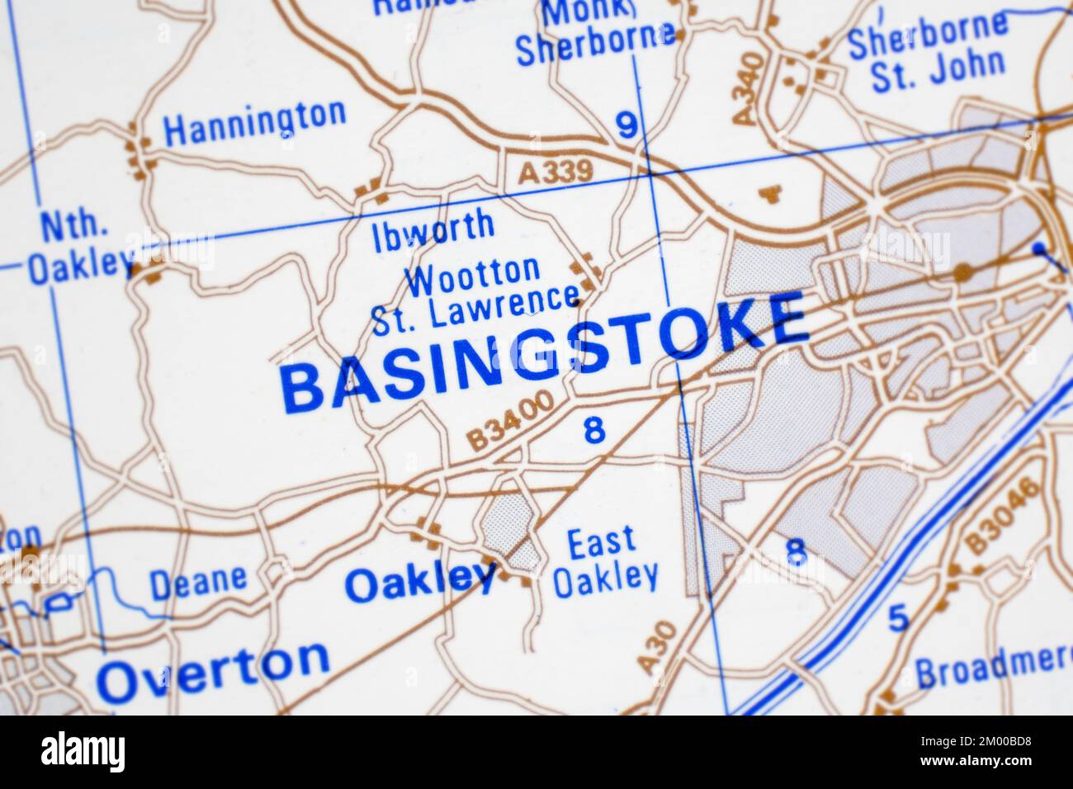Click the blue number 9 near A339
pyautogui.click(x=628, y=125)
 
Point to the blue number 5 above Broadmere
pyautogui.click(x=899, y=617)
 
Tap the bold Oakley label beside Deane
pyautogui.click(x=420, y=582)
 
